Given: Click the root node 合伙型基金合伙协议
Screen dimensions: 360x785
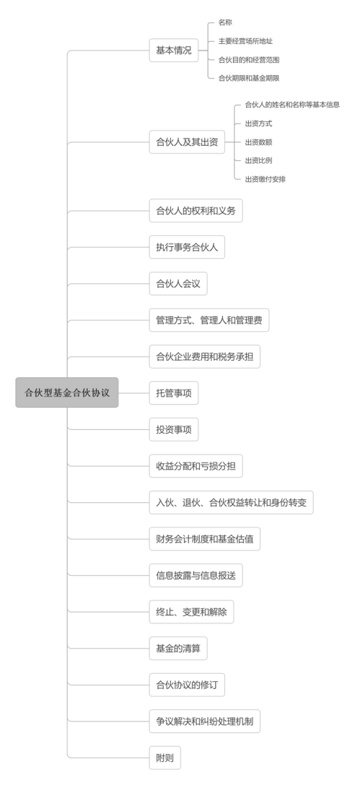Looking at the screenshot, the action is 66,392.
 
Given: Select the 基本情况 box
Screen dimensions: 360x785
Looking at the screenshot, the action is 174,51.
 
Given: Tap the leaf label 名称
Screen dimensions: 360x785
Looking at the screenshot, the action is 225,22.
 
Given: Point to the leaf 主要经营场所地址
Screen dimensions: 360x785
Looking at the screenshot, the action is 245,41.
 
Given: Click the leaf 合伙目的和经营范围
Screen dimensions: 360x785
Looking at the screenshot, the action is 249,60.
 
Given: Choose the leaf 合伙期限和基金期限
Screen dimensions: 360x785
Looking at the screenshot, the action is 249,78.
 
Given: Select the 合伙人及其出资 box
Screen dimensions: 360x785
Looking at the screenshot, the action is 187,142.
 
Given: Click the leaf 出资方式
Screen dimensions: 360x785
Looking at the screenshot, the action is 258,123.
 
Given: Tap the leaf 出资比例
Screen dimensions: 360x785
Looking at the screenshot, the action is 258,161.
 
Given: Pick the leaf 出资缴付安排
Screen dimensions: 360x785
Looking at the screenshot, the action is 265,179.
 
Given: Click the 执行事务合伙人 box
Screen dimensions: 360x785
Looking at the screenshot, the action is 187,247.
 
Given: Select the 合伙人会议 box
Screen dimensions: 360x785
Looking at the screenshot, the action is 178,284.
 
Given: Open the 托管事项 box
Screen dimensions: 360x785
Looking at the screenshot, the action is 174,393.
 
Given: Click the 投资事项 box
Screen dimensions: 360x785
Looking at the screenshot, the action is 174,429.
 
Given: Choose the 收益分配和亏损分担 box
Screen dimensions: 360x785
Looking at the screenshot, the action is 196,466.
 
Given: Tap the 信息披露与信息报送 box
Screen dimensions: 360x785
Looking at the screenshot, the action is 196,576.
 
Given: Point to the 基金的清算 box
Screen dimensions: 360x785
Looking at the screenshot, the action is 178,649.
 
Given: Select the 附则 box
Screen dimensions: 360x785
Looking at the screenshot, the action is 164,758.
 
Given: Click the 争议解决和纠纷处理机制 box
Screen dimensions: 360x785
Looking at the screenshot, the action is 205,722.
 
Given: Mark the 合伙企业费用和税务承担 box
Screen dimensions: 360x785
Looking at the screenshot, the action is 205,356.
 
